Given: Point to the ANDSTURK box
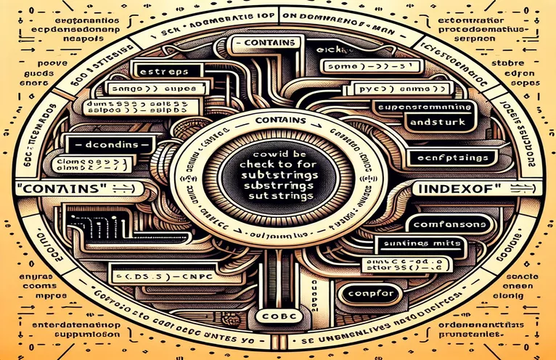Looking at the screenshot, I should [x=423, y=123].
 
